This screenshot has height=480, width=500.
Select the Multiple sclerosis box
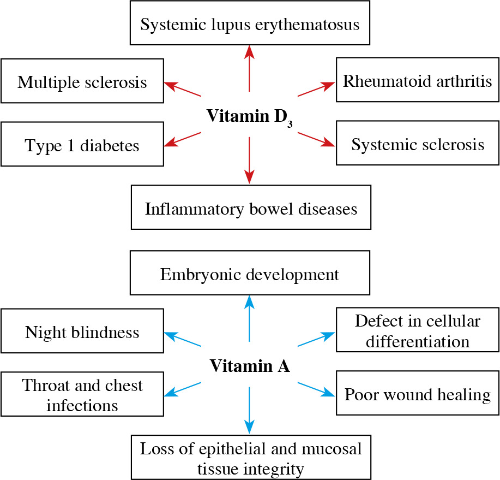[x=82, y=82]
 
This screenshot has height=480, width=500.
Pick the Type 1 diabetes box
[x=82, y=145]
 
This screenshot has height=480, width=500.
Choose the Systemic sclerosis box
[x=417, y=144]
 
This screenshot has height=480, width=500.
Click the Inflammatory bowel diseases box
[x=251, y=208]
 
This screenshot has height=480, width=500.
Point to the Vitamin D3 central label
[x=249, y=116]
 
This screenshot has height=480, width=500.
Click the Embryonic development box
[x=250, y=274]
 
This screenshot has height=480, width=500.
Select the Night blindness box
[x=82, y=331]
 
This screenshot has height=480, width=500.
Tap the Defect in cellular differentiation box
[x=417, y=331]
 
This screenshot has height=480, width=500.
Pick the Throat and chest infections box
[x=82, y=395]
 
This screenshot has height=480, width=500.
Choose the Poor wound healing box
[x=417, y=394]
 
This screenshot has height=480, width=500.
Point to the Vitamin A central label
[x=250, y=365]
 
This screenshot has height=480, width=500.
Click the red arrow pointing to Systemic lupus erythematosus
[x=250, y=68]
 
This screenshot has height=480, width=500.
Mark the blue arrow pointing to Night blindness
[x=183, y=340]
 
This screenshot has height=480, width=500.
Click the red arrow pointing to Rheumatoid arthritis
[x=316, y=90]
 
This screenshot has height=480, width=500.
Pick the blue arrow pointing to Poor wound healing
[x=316, y=389]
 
